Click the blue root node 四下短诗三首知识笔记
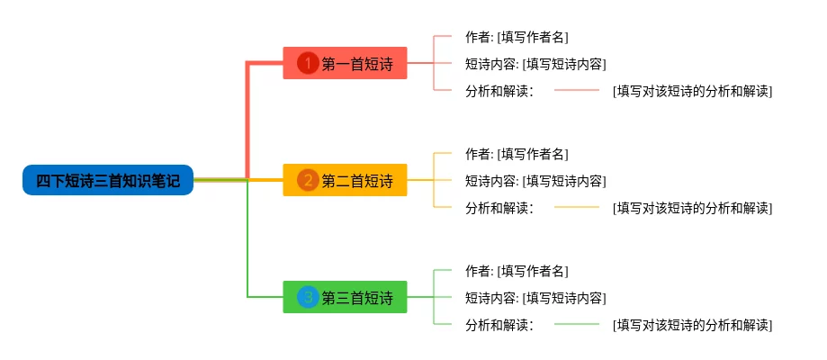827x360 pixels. [108, 180]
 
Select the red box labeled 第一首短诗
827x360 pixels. [345, 63]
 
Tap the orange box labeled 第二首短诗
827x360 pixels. [345, 180]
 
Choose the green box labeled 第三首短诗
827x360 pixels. [345, 297]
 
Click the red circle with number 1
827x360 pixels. [308, 63]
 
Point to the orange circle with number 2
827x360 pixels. [308, 181]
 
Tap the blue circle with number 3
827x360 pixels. [308, 297]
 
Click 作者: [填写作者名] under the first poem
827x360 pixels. [517, 37]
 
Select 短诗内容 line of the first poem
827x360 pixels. [535, 65]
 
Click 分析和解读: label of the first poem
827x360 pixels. [500, 92]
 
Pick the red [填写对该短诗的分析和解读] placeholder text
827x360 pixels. [693, 92]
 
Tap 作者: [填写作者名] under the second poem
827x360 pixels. [517, 154]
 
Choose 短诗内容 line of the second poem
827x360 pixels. [535, 181]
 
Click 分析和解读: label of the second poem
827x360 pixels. [500, 209]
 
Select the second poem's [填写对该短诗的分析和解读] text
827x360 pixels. [693, 209]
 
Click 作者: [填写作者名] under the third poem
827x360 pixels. [517, 271]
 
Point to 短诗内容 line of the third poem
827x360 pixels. [535, 298]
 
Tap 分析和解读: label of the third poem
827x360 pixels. [500, 325]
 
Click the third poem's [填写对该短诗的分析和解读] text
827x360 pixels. [693, 325]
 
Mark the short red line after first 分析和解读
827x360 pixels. [577, 90]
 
